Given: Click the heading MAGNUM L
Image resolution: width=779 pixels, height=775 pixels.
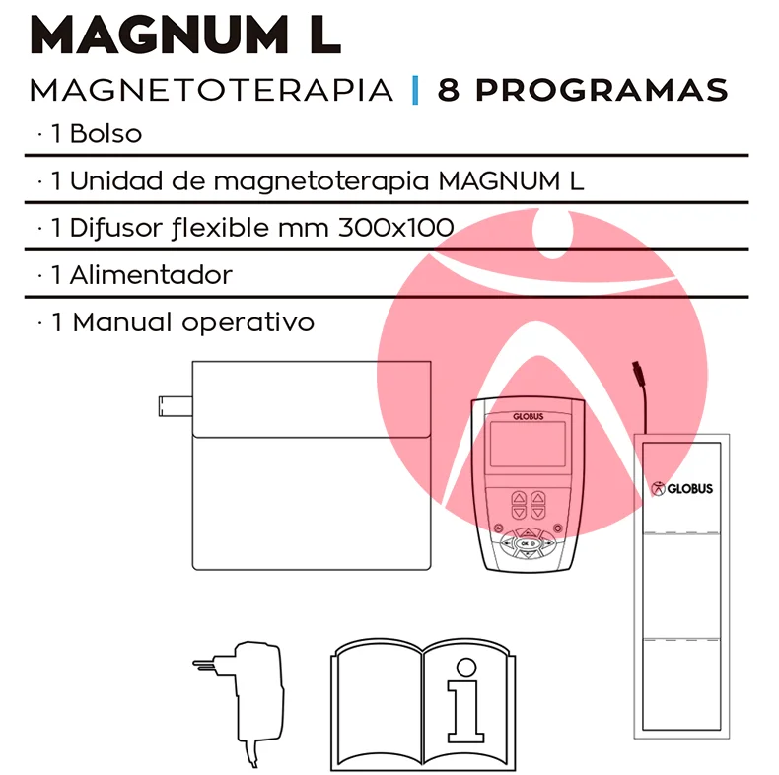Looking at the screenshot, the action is click(185, 35).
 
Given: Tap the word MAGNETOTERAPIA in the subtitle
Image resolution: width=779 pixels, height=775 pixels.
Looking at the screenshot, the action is click(212, 90).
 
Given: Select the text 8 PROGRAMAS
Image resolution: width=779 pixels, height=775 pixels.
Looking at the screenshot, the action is click(583, 90).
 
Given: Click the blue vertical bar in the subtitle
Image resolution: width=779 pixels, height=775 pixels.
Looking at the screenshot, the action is click(415, 90).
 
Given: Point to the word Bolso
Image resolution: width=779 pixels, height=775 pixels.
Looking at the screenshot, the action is click(106, 134).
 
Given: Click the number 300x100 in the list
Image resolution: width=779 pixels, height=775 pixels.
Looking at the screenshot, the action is click(396, 228).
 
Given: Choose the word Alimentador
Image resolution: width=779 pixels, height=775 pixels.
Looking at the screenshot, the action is click(151, 275).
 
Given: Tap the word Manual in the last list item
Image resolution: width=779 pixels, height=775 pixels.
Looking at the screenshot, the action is click(124, 322).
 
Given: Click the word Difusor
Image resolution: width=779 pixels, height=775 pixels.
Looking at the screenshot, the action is click(117, 229).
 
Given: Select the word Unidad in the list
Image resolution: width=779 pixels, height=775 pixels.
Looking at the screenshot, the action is click(116, 180).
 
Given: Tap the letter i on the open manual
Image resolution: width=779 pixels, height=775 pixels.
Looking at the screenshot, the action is click(465, 700).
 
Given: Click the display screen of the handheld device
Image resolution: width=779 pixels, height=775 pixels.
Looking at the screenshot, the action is click(528, 445).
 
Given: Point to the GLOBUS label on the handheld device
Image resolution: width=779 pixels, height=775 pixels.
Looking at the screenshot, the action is click(529, 416).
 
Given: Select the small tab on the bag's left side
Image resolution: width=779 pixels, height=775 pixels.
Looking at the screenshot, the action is click(176, 406).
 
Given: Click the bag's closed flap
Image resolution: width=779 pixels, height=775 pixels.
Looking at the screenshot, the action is click(312, 399).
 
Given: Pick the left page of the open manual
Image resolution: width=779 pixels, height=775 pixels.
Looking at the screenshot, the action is click(378, 705).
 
